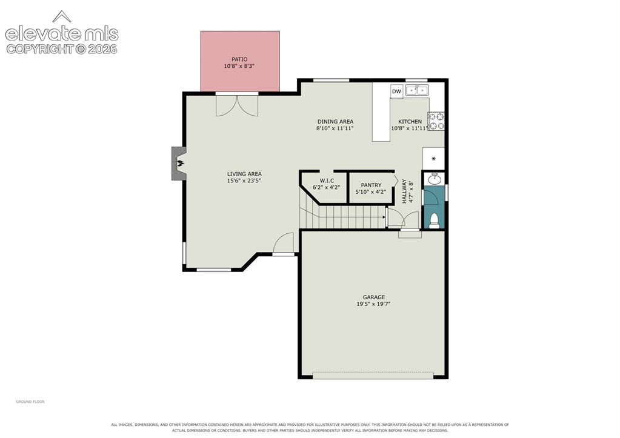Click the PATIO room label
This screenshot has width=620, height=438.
(239, 59)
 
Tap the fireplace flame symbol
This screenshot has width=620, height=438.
(180, 163)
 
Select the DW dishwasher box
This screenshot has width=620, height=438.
(396, 91)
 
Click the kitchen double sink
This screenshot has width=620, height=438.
(417, 90)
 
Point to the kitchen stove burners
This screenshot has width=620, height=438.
(436, 121)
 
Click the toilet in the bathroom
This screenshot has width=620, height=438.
(434, 221)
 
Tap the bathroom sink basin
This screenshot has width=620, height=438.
(435, 179)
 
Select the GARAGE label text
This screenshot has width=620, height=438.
(374, 297)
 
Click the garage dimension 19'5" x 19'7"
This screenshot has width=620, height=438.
(374, 304)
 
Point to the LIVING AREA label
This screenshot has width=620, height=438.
(244, 174)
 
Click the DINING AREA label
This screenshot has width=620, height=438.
(335, 121)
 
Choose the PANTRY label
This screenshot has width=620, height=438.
(372, 185)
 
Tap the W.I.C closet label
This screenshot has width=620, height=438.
(327, 181)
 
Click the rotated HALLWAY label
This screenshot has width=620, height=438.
(404, 191)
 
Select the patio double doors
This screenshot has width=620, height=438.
(237, 105)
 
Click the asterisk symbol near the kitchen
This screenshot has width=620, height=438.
(433, 159)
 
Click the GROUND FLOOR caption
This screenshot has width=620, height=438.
(30, 402)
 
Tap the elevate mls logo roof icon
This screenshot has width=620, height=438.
(62, 16)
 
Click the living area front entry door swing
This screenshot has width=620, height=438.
(284, 243)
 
